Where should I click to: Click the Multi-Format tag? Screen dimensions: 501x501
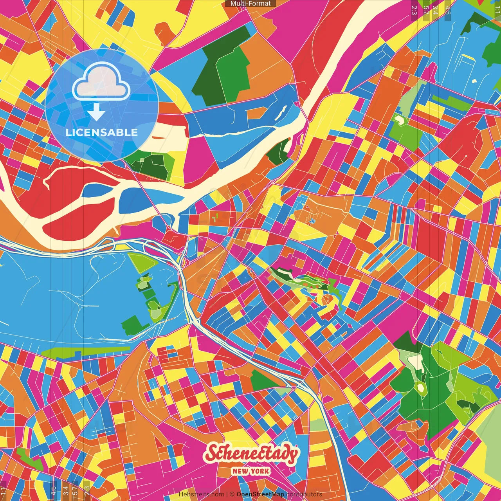pyautogui.click(x=250, y=4)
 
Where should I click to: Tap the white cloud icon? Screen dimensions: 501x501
pyautogui.click(x=101, y=82)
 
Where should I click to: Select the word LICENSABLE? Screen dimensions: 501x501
pyautogui.click(x=102, y=132)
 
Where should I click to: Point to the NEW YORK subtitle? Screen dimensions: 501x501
pyautogui.click(x=250, y=471)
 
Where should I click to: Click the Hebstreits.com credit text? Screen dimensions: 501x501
pyautogui.click(x=201, y=494)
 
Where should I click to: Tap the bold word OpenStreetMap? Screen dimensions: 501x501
pyautogui.click(x=260, y=494)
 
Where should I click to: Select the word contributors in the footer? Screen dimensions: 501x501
pyautogui.click(x=304, y=494)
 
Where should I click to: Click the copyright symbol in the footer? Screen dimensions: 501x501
pyautogui.click(x=232, y=494)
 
